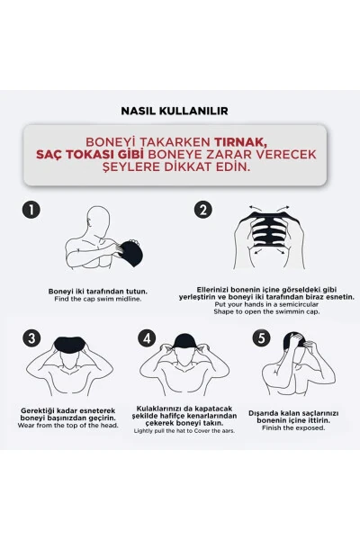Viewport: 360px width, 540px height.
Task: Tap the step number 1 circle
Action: click(x=31, y=210)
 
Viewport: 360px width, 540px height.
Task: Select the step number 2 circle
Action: click(x=203, y=210)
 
